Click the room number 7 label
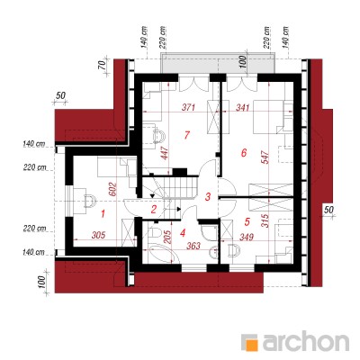[x=186, y=135]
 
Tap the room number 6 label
[x=244, y=153]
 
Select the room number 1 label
[x=103, y=214]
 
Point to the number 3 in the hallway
[x=208, y=197]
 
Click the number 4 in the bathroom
[x=183, y=233]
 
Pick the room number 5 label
[x=247, y=221]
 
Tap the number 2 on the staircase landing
[x=154, y=209]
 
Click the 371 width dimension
[x=189, y=107]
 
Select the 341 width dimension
[x=243, y=107]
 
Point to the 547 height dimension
[x=265, y=156]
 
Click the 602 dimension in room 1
[x=112, y=189]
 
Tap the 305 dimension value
[x=98, y=235]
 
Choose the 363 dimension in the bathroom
[x=193, y=246]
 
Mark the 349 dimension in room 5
[x=246, y=237]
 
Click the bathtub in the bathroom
[x=161, y=254]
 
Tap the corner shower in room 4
[x=209, y=233]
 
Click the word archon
[x=306, y=341]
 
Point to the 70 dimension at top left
[x=102, y=64]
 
